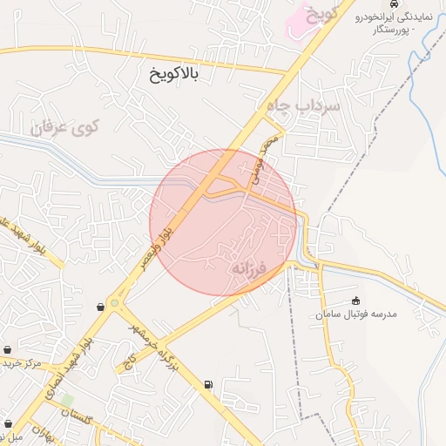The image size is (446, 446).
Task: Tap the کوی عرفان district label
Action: pyautogui.click(x=66, y=127)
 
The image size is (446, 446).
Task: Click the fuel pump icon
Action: pyautogui.click(x=208, y=385)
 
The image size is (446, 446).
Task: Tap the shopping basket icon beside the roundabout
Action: pyautogui.click(x=102, y=306)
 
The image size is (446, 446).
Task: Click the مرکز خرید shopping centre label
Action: pyautogui.click(x=22, y=362)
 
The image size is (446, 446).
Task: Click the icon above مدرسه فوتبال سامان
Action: pyautogui.click(x=355, y=301)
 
